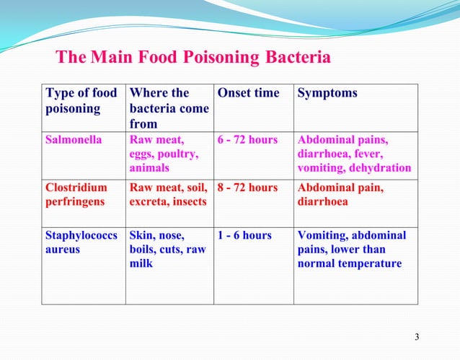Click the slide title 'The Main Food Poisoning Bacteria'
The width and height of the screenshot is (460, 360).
pos(193,57)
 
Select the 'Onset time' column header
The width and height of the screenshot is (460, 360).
pos(248,93)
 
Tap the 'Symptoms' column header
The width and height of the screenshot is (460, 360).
pos(327,93)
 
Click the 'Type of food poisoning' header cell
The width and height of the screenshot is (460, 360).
pos(81,100)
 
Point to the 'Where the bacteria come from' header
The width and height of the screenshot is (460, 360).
pos(169,108)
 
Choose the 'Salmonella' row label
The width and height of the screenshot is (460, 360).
pos(74,141)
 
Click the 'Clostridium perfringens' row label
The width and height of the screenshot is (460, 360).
pos(76,195)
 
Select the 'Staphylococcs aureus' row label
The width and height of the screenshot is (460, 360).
pos(81,242)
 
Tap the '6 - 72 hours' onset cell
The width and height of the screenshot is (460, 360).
pos(247,141)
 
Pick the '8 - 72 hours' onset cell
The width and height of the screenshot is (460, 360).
pos(247,188)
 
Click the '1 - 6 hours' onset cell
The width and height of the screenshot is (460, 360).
pos(244,235)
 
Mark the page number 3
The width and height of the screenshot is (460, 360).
pos(417,338)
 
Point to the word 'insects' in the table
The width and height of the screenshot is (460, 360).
pos(187,201)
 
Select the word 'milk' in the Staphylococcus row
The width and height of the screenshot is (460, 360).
pos(141,263)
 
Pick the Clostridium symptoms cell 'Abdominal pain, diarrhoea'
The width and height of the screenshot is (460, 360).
pos(340,195)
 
